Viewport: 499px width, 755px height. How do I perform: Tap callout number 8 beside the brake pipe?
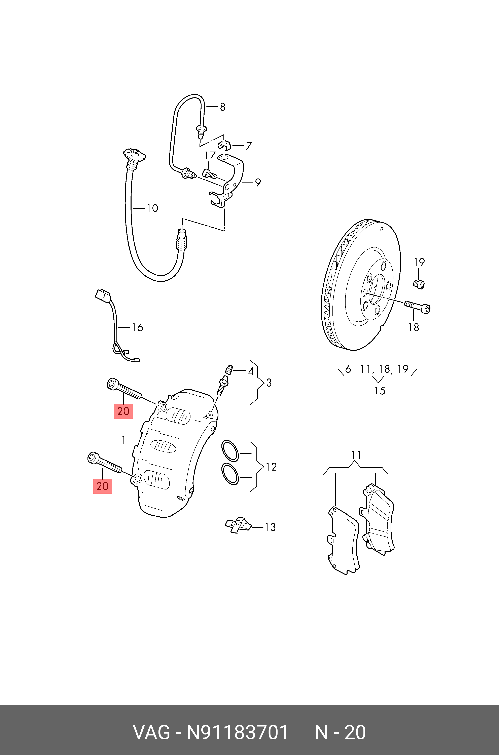coord(222,107)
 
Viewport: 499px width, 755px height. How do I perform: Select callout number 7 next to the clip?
coord(249,146)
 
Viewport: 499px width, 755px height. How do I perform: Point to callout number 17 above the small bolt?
coord(210,156)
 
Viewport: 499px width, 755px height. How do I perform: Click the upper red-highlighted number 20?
coord(123,411)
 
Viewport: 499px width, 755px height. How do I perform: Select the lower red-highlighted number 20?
coord(102,486)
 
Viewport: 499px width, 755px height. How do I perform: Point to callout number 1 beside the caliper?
coord(124,440)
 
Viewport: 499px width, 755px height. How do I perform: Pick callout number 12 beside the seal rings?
coord(271,467)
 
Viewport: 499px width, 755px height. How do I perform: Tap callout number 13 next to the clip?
coord(270,527)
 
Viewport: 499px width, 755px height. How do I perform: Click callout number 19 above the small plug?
coord(419,262)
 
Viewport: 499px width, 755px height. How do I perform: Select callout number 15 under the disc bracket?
coord(380,391)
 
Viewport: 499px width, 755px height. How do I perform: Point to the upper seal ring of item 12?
coord(230,451)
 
